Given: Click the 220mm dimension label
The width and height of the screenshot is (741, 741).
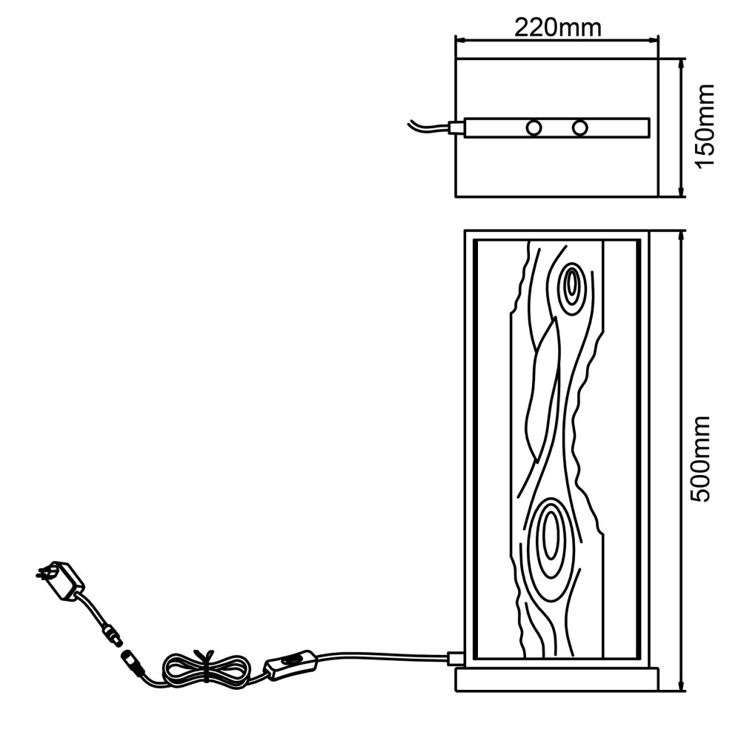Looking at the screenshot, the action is tap(557, 27).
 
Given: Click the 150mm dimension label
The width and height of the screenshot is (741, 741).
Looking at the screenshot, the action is tap(704, 126).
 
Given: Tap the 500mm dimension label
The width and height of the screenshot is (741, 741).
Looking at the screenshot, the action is tap(700, 459).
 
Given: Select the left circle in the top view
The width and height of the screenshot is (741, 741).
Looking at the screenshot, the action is tap(534, 127).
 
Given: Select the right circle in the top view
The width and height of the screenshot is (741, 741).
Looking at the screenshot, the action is tap(579, 127).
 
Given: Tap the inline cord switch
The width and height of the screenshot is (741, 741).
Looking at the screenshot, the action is tap(290, 665).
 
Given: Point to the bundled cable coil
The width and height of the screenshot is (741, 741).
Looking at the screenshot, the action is tap(206, 668).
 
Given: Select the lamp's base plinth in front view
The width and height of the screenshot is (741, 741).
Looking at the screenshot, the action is tap(556, 679).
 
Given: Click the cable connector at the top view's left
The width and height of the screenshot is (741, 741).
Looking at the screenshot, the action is tap(456, 127).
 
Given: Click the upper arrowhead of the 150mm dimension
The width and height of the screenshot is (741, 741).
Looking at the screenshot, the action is tap(681, 64).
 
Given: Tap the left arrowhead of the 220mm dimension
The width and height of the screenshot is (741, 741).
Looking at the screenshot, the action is tap(461, 40).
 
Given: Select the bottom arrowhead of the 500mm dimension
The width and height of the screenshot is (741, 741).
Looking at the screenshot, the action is tap(681, 685).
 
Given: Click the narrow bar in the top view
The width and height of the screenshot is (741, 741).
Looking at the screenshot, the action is tap(556, 127).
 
